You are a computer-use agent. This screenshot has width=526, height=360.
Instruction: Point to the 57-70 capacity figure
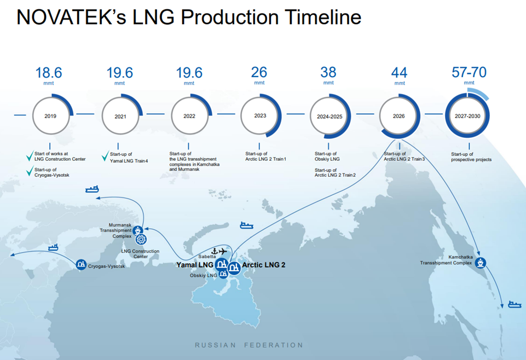[469, 72]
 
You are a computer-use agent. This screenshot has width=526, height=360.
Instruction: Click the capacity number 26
[259, 72]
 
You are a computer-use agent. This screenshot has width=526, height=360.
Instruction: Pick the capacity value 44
[399, 73]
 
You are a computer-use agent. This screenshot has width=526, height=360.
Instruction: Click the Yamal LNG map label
[195, 265]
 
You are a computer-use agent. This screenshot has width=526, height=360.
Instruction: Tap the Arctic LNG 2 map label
[264, 265]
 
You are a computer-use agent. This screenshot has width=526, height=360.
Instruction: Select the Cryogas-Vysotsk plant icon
[81, 264]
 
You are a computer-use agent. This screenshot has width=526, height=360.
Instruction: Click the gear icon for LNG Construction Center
[141, 239]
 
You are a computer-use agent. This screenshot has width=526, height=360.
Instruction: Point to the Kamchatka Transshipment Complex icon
[481, 263]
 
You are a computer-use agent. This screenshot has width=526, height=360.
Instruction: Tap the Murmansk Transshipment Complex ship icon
[137, 231]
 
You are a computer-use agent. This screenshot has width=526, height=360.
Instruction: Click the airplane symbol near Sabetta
[223, 251]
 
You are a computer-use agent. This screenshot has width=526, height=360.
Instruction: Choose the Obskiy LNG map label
[203, 276]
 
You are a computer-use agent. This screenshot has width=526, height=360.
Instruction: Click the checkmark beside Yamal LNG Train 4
[105, 156]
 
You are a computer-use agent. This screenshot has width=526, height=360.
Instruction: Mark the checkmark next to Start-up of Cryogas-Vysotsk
[30, 171]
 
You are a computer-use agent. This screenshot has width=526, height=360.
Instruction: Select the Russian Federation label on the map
[249, 345]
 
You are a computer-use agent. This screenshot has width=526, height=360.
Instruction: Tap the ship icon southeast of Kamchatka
[515, 304]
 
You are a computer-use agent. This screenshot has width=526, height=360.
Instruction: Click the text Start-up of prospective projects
[471, 157]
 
